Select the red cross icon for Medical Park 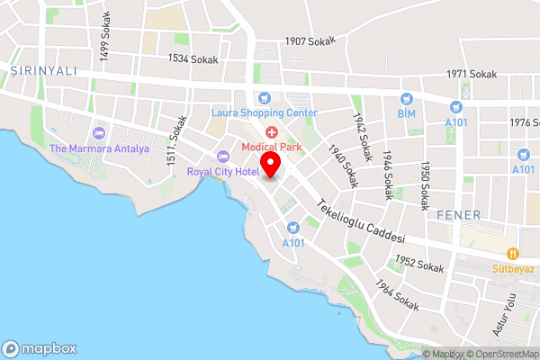271,132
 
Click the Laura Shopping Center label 264,112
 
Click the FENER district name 459,216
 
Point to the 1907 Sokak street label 310,40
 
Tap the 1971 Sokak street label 472,74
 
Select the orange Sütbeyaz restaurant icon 513,253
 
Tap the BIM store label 408,113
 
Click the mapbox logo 40,348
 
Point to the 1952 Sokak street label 419,265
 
